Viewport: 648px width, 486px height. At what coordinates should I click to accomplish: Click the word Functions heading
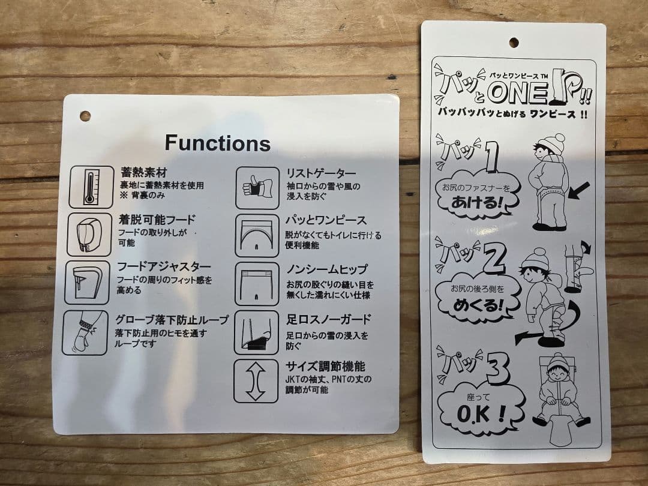tap(218, 143)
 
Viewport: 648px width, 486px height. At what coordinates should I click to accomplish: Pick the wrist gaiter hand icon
tap(257, 188)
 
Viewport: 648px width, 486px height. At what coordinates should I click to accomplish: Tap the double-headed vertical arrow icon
tap(256, 381)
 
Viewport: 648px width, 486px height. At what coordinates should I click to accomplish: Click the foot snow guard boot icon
tap(257, 332)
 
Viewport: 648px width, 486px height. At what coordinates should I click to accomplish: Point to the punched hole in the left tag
tap(85, 116)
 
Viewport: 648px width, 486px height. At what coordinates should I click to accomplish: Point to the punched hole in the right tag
tap(514, 42)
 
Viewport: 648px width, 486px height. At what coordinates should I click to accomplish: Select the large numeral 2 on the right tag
tap(494, 259)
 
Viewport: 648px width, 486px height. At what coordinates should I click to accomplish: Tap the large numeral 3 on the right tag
tap(497, 368)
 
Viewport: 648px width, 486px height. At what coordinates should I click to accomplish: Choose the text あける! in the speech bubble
tap(477, 203)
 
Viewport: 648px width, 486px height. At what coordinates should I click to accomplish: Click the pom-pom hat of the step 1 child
tap(552, 143)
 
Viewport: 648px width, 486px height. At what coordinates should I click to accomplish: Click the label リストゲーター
tap(321, 173)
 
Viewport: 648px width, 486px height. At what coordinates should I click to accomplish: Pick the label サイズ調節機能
tap(326, 366)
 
